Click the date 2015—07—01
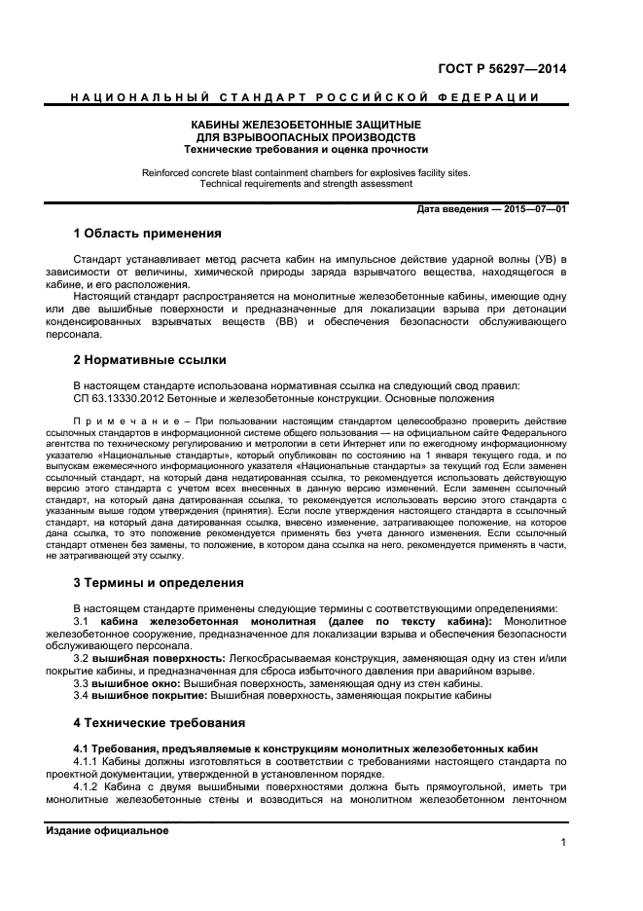(x=533, y=210)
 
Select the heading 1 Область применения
(x=148, y=234)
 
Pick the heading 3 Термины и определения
(x=159, y=583)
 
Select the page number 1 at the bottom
(x=563, y=843)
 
